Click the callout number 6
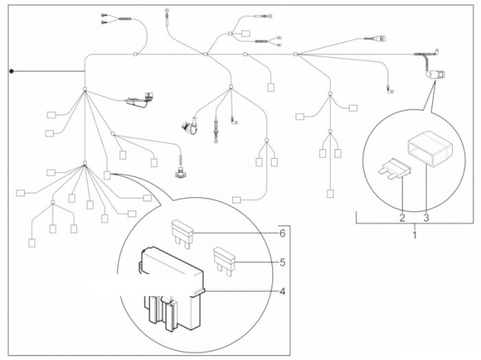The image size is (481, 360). tap(282, 234)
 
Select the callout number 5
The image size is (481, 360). tap(282, 262)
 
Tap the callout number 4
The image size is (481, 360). tap(282, 291)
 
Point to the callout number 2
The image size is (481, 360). tap(402, 218)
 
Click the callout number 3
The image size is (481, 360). tap(426, 218)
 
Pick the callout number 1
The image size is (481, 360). tap(415, 235)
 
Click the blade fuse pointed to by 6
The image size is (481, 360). tap(182, 232)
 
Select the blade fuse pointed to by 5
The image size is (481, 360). tap(224, 262)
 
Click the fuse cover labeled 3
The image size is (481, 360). tap(430, 148)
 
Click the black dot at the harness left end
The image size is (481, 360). tap(12, 71)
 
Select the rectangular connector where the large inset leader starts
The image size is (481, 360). tap(107, 175)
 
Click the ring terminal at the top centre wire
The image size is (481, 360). tap(167, 11)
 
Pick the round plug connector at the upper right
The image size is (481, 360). tap(379, 39)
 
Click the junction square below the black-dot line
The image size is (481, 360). tap(85, 89)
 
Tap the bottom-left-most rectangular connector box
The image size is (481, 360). tap(32, 243)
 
